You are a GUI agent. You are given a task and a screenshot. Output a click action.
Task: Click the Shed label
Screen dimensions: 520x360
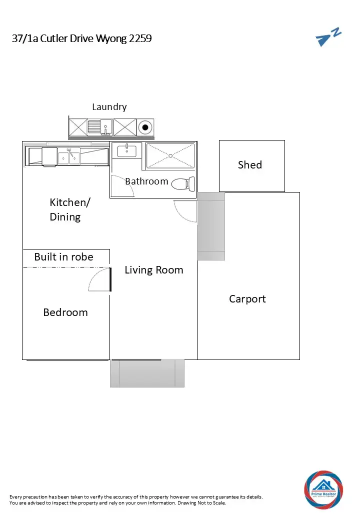point(250,165)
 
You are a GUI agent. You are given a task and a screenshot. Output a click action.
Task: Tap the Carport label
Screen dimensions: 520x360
point(247,299)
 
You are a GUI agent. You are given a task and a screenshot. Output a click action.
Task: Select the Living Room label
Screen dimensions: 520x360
point(154,270)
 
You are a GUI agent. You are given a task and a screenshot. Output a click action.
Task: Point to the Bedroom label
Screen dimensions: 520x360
point(65,312)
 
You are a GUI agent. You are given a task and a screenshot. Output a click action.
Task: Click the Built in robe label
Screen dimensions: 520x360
point(63,257)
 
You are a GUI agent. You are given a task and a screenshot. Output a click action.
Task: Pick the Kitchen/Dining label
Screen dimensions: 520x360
point(69,209)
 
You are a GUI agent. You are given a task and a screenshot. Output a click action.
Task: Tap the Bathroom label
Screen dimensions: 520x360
point(146,181)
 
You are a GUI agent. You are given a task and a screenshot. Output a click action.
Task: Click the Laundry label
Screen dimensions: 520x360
point(109,106)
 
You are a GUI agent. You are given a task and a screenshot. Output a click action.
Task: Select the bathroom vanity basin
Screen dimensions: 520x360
point(126,150)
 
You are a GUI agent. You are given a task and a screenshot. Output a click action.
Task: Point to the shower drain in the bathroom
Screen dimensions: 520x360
point(170,156)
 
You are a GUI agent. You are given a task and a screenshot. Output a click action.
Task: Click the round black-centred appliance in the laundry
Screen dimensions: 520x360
point(145,127)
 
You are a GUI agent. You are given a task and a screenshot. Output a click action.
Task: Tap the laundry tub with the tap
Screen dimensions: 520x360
point(100,127)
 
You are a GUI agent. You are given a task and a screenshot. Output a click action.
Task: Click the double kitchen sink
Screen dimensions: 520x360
point(69,156)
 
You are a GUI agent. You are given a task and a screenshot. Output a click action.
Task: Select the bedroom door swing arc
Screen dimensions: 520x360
point(98,279)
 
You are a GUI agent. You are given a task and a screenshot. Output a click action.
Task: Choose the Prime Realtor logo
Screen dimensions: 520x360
point(323,489)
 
